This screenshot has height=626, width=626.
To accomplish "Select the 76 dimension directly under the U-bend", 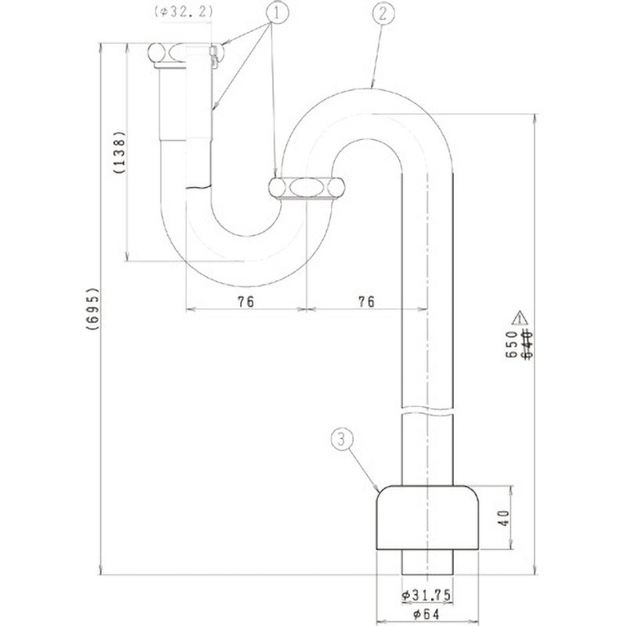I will click(246, 302).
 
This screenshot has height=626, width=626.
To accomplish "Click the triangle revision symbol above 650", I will click(518, 318).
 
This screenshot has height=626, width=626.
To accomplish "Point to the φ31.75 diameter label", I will click(426, 595).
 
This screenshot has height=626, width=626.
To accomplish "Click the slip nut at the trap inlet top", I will click(181, 54).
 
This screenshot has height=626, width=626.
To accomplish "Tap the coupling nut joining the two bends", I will click(306, 189).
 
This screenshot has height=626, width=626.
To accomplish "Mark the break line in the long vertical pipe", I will click(427, 409).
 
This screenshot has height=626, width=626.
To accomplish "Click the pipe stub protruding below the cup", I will click(427, 563).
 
